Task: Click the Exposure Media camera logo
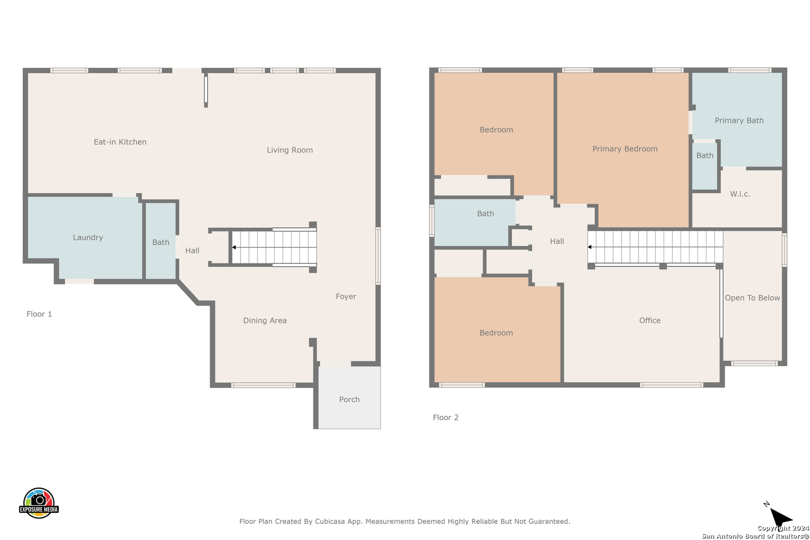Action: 38,502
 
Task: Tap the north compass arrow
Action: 780,516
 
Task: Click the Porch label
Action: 349,399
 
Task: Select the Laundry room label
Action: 88,237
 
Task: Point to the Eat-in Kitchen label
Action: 120,142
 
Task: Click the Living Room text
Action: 289,150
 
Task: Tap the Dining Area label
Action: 264,320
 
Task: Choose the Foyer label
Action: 345,296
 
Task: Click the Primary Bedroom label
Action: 625,148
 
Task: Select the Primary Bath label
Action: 739,120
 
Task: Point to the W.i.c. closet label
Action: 740,194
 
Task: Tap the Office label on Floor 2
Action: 650,320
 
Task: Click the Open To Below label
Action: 752,297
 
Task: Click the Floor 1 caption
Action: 39,314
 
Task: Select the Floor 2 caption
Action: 445,417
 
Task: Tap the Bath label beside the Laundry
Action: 160,242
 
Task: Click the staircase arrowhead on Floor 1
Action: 234,247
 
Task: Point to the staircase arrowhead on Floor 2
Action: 589,247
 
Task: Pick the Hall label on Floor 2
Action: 557,241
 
